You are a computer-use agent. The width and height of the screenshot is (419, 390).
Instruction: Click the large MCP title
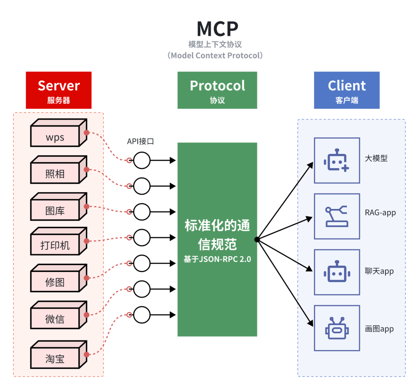[x=217, y=29]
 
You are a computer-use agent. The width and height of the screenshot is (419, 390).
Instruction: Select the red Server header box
[x=59, y=90]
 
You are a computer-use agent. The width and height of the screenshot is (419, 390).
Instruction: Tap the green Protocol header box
[x=217, y=90]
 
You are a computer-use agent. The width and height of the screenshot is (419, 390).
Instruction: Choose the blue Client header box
[x=346, y=90]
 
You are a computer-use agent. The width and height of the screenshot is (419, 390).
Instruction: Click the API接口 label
[x=140, y=141]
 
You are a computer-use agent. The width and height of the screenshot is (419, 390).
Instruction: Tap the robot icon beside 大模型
[x=337, y=160]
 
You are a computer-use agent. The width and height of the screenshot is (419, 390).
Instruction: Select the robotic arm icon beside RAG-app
[x=337, y=216]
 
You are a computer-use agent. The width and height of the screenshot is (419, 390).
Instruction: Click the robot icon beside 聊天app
[x=337, y=272]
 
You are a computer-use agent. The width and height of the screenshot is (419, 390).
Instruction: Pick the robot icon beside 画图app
[x=337, y=328]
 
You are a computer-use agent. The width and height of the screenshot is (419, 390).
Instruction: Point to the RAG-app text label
[x=380, y=213]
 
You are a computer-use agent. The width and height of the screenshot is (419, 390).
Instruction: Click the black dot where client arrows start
[x=257, y=239]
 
